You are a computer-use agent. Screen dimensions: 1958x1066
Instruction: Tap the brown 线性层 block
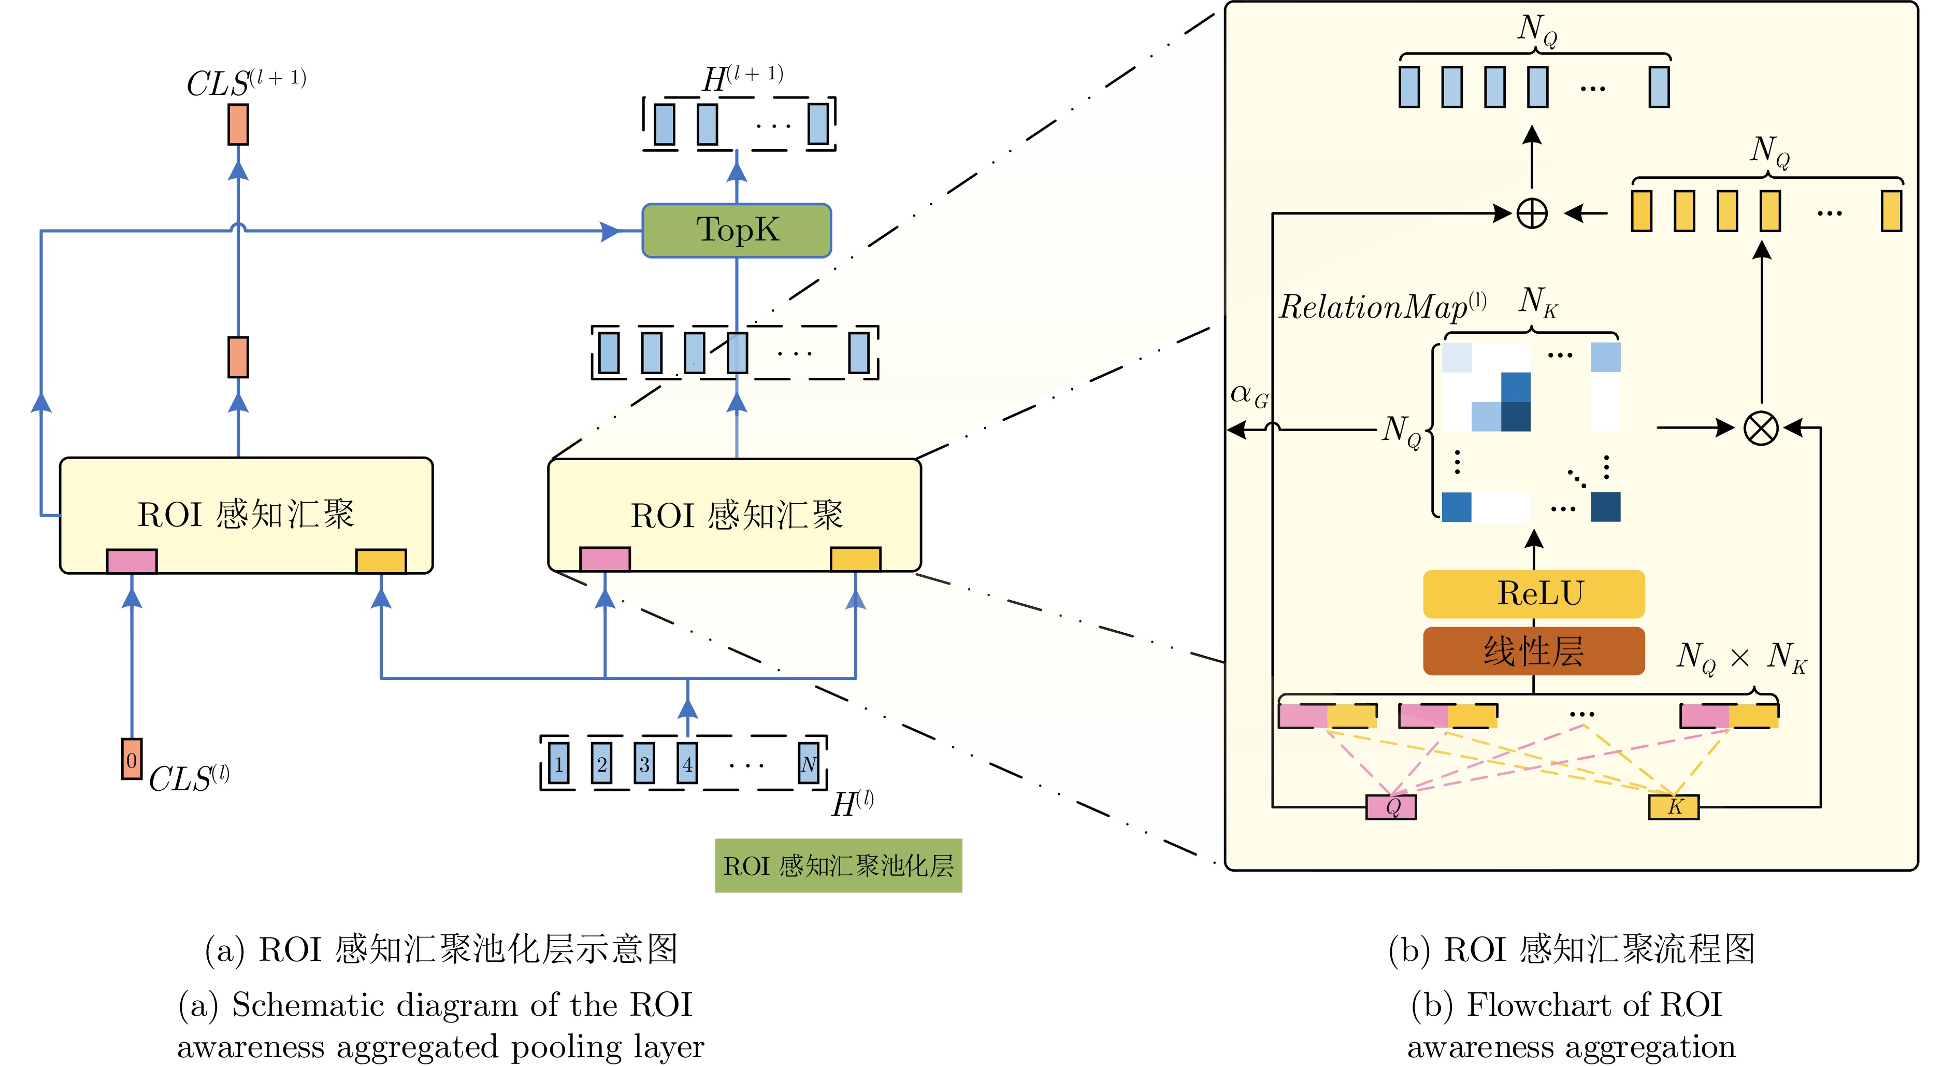[1534, 651]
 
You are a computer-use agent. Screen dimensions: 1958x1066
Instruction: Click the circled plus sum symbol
[1532, 213]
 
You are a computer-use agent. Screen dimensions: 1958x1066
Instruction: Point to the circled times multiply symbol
[1760, 428]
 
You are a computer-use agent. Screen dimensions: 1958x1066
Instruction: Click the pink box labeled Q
[1391, 807]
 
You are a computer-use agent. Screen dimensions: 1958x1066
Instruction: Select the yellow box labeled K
[1674, 807]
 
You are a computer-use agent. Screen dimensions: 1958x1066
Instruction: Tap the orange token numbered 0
[132, 759]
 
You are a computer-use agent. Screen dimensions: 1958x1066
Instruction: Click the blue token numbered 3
[644, 763]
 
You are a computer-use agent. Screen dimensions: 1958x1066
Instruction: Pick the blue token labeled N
[808, 763]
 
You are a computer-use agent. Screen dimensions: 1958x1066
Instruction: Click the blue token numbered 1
[559, 763]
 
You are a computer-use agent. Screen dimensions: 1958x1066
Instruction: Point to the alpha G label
[1249, 395]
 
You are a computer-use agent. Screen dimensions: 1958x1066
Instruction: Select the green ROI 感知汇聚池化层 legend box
[839, 865]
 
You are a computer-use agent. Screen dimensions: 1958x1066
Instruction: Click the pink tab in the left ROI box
[132, 561]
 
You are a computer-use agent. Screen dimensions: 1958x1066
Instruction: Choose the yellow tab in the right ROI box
[856, 559]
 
